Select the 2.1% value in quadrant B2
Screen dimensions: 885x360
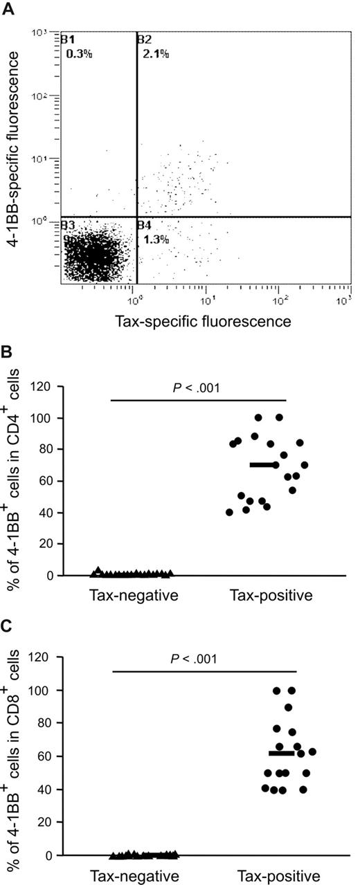[156, 53]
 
